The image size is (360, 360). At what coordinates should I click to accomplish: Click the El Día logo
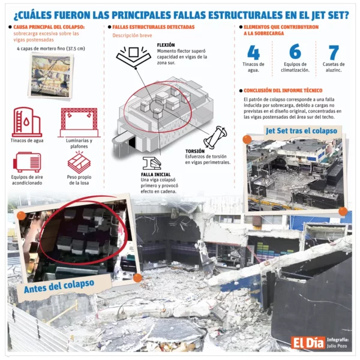tap(308, 343)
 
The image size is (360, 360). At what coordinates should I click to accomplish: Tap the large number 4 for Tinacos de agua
tap(253, 52)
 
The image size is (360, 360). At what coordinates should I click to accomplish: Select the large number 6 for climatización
tap(295, 52)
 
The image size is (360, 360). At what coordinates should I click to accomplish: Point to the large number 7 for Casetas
tap(334, 53)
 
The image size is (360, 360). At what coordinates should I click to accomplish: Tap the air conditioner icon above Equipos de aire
tap(26, 161)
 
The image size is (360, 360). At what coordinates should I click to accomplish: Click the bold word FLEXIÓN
tap(166, 45)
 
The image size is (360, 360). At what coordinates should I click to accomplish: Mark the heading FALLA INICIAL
tap(155, 173)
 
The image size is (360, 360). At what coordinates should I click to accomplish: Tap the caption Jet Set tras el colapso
tap(301, 130)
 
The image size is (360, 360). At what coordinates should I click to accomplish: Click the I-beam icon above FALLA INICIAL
tap(151, 162)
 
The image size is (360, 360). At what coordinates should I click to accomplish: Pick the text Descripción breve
tap(133, 35)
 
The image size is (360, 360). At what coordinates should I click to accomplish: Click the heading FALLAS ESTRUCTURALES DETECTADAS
tap(153, 27)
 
